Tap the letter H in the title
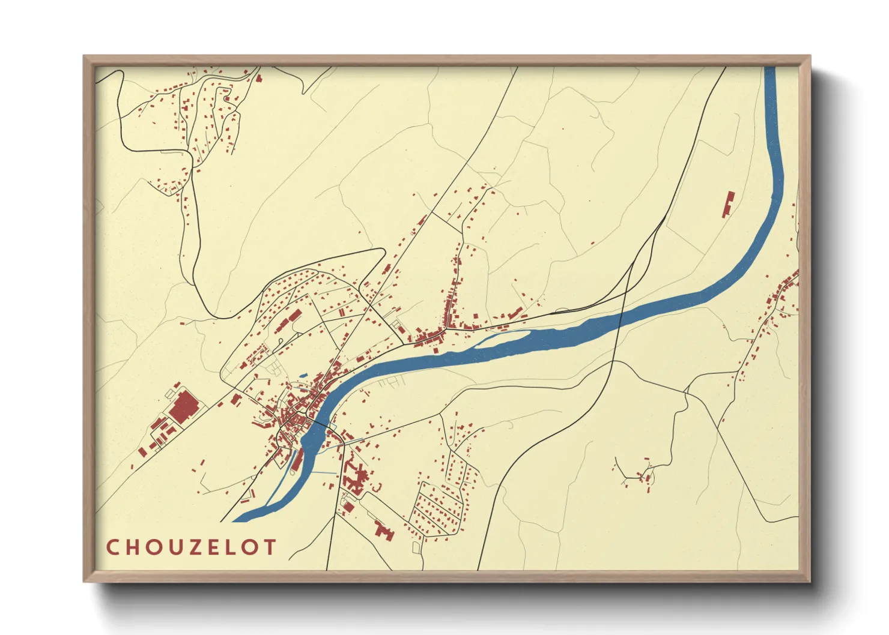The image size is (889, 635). [133, 547]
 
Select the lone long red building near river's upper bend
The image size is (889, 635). [729, 204]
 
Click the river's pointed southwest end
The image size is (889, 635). [234, 520]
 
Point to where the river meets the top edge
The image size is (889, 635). [770, 68]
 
